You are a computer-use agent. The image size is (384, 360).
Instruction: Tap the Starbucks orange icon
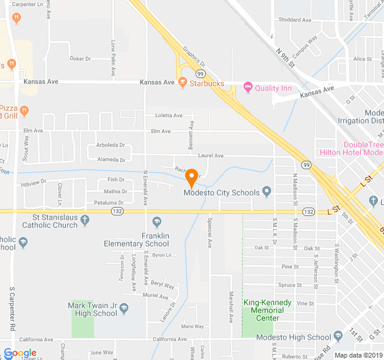pos(183,83)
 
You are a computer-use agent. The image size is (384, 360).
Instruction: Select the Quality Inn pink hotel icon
pos(248,88)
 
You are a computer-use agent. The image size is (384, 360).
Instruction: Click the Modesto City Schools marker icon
pos(267,192)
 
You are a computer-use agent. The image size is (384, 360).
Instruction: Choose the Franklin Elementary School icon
pos(157,221)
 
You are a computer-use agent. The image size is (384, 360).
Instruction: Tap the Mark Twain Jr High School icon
pos(124,308)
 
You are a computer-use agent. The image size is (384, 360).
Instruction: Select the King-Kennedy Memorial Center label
pos(263,310)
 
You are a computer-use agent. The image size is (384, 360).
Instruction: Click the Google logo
pos(20,353)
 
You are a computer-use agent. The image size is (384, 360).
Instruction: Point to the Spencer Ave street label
pos(210,238)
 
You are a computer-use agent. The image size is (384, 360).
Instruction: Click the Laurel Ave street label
pos(211,156)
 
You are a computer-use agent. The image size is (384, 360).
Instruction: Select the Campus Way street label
pos(305,44)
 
